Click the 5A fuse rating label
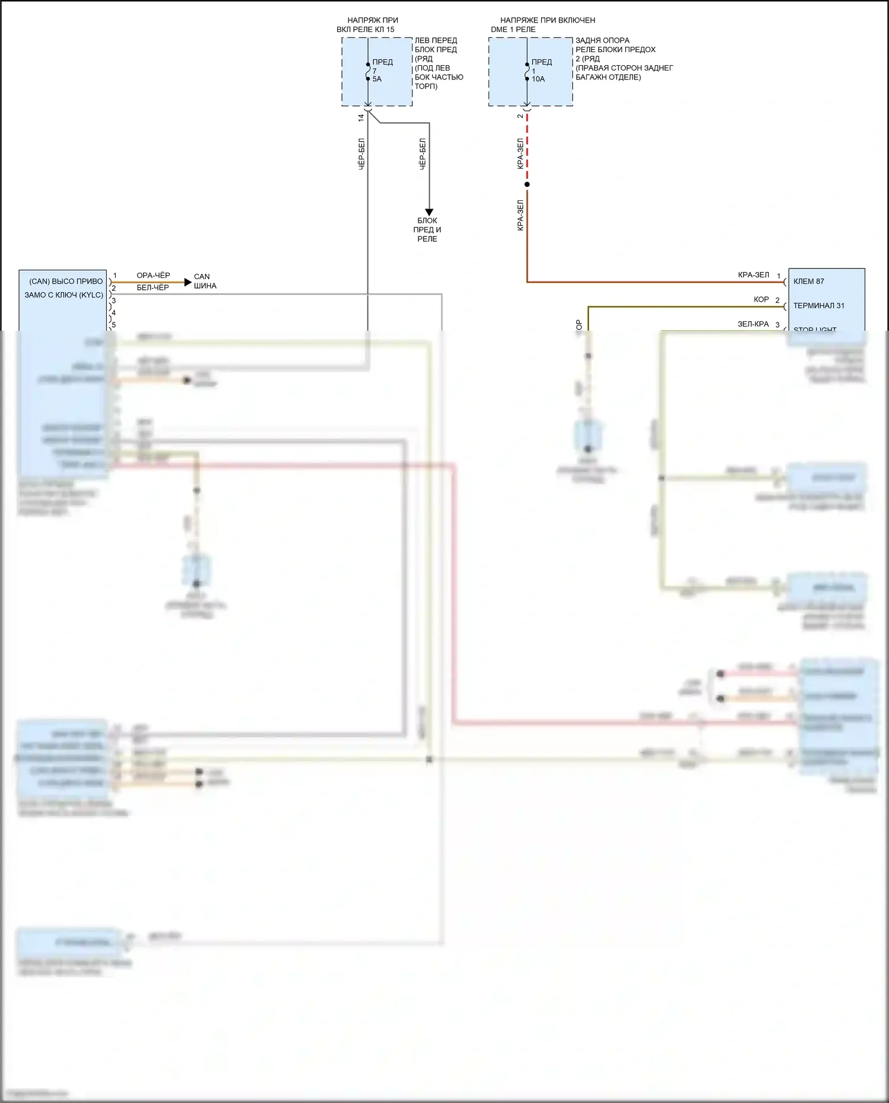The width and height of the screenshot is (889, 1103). point(377,79)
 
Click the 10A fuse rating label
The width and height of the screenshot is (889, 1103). point(538,79)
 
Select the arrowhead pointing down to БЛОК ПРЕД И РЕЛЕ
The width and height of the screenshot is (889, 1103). point(429,212)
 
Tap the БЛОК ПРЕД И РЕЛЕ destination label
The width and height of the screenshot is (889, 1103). point(427,229)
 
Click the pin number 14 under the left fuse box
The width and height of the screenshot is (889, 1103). point(361,118)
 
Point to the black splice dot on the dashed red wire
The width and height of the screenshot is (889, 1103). point(527,184)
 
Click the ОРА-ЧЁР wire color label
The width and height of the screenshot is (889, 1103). point(153,276)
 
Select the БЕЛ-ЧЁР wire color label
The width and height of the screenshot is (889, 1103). point(153,287)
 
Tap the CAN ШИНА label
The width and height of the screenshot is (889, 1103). point(204,281)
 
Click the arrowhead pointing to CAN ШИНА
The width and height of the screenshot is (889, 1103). point(188,282)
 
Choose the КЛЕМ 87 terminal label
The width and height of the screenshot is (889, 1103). point(808,282)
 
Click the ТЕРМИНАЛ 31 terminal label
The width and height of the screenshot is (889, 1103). point(818,306)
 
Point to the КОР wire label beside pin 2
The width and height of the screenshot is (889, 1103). point(761,300)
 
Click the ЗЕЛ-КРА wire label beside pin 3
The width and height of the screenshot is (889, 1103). point(753,324)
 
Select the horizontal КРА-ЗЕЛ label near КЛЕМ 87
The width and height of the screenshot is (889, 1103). point(753,275)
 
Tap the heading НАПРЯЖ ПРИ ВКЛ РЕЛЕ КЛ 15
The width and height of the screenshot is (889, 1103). point(372,25)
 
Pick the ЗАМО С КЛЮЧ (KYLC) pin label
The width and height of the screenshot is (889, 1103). point(63,295)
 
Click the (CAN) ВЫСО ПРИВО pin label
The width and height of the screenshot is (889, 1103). point(66,282)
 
